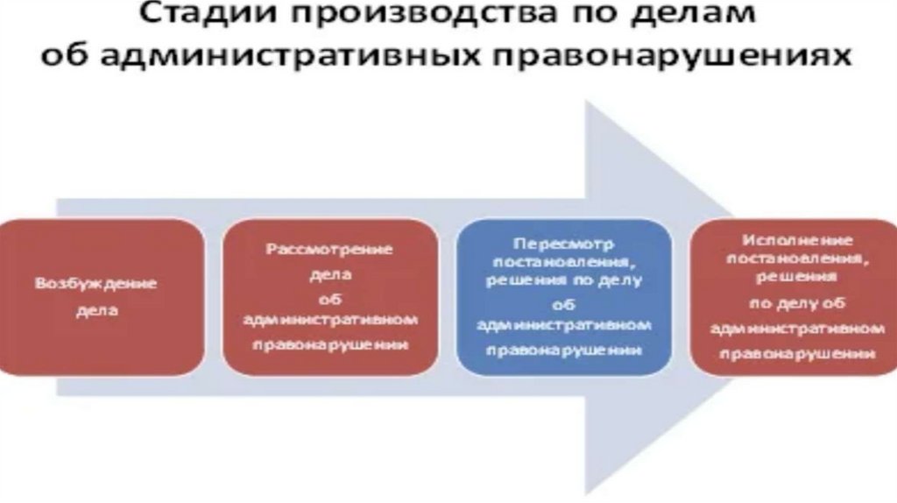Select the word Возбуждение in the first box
tap(96, 284)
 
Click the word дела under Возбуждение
tap(96, 310)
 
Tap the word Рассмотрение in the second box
tap(329, 249)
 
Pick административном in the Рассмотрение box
tap(329, 320)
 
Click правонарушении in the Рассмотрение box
tap(329, 344)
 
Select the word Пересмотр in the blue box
tap(564, 242)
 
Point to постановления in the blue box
tap(564, 261)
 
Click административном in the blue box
tap(564, 324)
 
